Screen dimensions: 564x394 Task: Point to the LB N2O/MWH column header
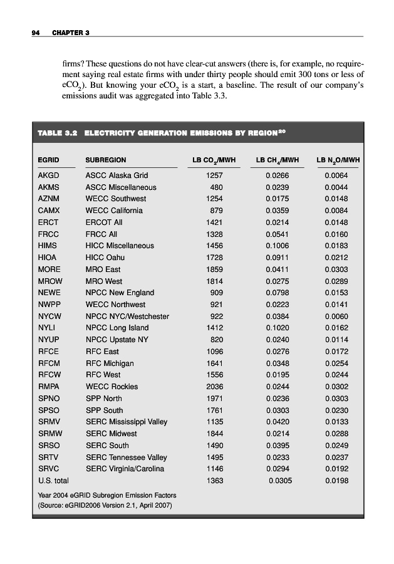tap(338, 160)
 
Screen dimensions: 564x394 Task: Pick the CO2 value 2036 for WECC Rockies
tap(214, 387)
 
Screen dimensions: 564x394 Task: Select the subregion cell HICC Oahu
tap(105, 258)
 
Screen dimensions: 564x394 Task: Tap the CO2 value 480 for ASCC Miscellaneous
tap(216, 187)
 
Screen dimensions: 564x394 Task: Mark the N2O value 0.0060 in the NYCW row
tap(336, 316)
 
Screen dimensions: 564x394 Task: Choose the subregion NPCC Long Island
tap(117, 328)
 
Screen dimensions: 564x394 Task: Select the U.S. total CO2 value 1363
tap(214, 481)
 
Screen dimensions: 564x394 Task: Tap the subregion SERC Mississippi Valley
tap(126, 422)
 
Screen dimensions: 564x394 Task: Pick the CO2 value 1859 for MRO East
tap(214, 269)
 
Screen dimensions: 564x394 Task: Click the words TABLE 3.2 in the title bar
tap(57, 133)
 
